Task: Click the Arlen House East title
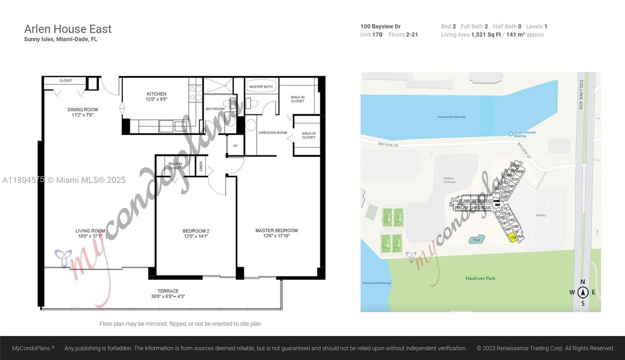pyautogui.click(x=68, y=29)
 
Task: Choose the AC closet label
pyautogui.click(x=235, y=146)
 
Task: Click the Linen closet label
pyautogui.click(x=201, y=166)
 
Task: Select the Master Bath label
pyautogui.click(x=261, y=87)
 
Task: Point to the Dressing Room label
pyautogui.click(x=273, y=133)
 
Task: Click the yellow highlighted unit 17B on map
pyautogui.click(x=513, y=237)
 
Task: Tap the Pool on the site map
pyautogui.click(x=477, y=239)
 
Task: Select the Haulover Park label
pyautogui.click(x=480, y=278)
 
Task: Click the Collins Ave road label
pyautogui.click(x=581, y=94)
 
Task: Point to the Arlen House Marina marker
pyautogui.click(x=511, y=134)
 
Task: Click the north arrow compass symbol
pyautogui.click(x=583, y=292)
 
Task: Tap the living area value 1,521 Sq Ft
pyautogui.click(x=486, y=35)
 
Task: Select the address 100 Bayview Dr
pyautogui.click(x=380, y=27)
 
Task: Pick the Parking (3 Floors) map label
pyautogui.click(x=449, y=180)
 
